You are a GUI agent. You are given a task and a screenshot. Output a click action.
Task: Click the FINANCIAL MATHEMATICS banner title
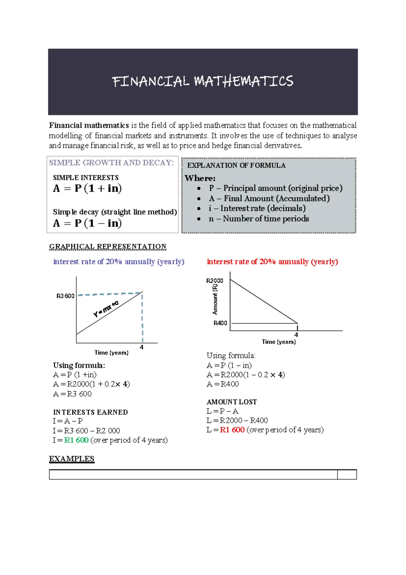[x=202, y=81]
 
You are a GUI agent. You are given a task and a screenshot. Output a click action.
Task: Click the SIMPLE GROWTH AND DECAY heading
[x=111, y=163]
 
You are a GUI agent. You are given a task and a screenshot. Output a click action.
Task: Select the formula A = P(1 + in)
[x=87, y=188]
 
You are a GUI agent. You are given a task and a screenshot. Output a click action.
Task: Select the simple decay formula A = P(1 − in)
[x=87, y=223]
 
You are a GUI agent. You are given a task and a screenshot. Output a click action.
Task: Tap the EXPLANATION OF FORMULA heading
[x=236, y=165]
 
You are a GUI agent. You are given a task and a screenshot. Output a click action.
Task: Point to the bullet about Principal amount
[x=275, y=188]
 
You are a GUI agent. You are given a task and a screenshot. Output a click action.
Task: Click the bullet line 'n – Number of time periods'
[x=258, y=219]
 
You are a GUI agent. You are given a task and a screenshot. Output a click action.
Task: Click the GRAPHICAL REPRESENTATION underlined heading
[x=108, y=246]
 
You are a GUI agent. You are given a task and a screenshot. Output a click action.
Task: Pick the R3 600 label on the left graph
[x=65, y=296]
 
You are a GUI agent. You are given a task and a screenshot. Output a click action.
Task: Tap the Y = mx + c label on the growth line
[x=106, y=309]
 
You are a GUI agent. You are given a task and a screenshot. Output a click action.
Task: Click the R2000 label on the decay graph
[x=215, y=281]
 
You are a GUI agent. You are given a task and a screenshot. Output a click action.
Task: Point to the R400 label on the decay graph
[x=220, y=323]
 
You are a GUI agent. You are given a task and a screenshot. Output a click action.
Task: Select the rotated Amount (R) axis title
[x=215, y=299]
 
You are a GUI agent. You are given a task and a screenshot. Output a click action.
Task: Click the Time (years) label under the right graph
[x=279, y=342]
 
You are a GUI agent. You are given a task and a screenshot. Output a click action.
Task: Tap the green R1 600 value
[x=76, y=440]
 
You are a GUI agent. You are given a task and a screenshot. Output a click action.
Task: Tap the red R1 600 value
[x=232, y=430]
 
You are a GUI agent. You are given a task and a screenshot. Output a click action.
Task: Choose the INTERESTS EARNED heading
[x=90, y=412]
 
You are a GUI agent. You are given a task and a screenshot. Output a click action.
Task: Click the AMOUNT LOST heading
[x=231, y=402]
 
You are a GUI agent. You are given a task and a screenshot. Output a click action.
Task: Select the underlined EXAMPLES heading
[x=72, y=459]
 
